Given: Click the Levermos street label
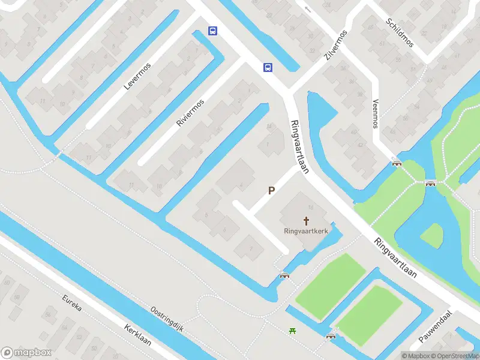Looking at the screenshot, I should pyautogui.click(x=137, y=76).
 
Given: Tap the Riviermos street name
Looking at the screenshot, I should pyautogui.click(x=190, y=112).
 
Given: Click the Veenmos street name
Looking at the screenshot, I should pyautogui.click(x=376, y=113).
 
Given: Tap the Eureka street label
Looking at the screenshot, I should pyautogui.click(x=71, y=306).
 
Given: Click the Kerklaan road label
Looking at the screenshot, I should pyautogui.click(x=137, y=338).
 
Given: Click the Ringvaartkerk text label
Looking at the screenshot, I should pyautogui.click(x=306, y=231).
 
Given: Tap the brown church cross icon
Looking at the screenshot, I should pyautogui.click(x=306, y=221).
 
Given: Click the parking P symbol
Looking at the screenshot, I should pyautogui.click(x=271, y=191).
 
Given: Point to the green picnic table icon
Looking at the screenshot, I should pyautogui.click(x=292, y=330).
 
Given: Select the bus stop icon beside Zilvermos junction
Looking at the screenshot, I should pyautogui.click(x=268, y=67).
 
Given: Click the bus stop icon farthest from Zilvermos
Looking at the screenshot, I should pyautogui.click(x=212, y=31).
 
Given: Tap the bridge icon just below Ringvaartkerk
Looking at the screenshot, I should pyautogui.click(x=284, y=275).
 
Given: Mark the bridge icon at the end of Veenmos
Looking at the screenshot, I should pyautogui.click(x=396, y=162).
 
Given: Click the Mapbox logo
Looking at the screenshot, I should pyautogui.click(x=26, y=353).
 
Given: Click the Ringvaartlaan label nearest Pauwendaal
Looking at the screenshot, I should pyautogui.click(x=395, y=259).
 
